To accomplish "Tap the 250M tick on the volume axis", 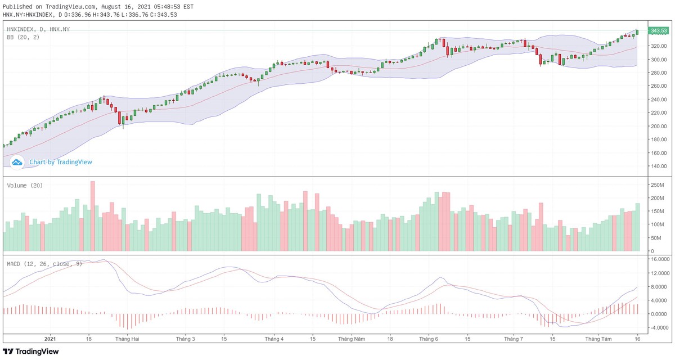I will [656, 185].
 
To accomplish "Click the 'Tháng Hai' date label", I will [127, 339].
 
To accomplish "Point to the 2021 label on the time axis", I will [50, 339].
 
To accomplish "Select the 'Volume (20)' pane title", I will [25, 185].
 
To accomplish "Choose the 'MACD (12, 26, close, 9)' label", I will [44, 263].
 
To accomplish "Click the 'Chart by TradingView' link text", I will [61, 162].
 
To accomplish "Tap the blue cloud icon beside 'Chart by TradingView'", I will [17, 162].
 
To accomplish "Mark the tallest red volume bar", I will [93, 216].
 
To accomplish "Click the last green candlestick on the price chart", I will [637, 32].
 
